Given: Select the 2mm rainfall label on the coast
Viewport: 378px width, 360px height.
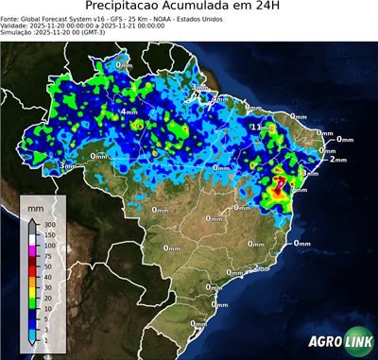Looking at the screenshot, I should [x=338, y=159].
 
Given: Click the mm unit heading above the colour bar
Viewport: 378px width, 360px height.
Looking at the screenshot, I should [x=34, y=205].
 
